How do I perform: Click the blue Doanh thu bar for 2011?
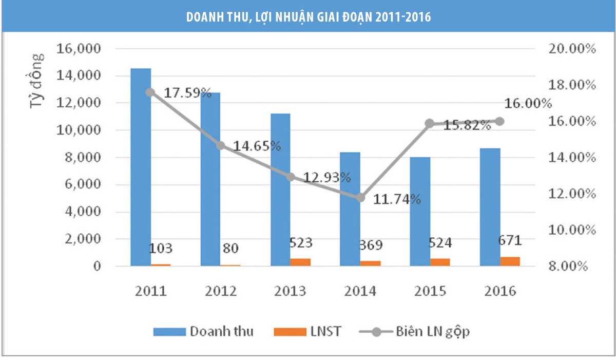click(x=141, y=167)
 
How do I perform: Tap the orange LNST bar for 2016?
click(x=510, y=261)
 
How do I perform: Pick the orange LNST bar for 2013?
click(x=300, y=262)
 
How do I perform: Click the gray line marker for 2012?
click(x=221, y=145)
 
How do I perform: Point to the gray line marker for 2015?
click(x=430, y=123)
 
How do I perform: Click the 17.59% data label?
click(x=187, y=93)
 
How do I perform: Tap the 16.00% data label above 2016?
click(x=528, y=103)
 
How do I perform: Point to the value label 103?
click(x=161, y=249)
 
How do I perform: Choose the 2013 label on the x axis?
click(x=290, y=291)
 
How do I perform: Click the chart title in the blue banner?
click(x=308, y=17)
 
